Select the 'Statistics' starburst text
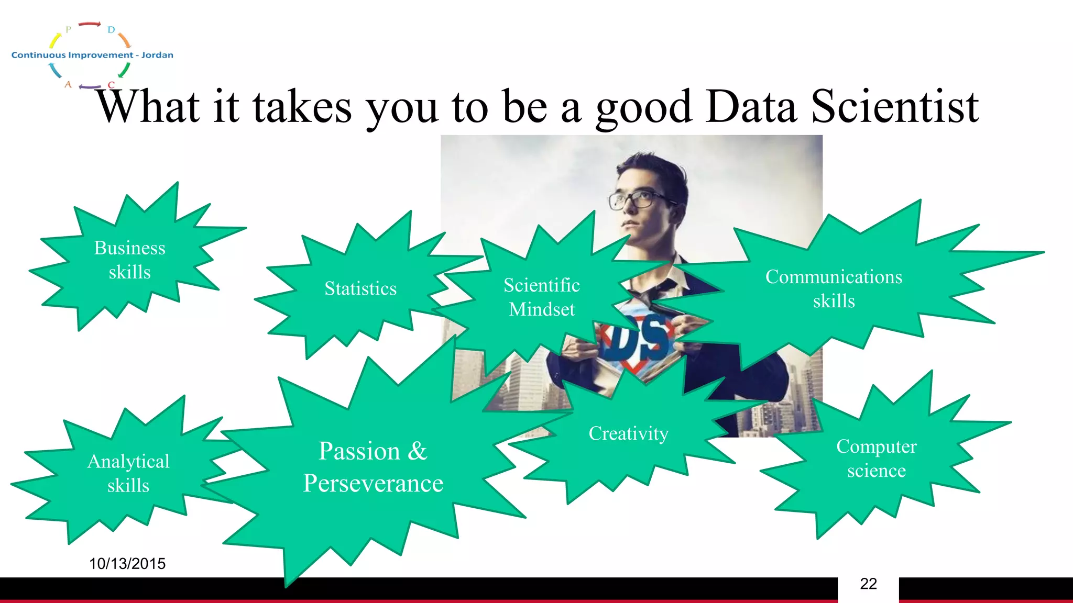(x=360, y=288)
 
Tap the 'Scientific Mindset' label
(x=542, y=297)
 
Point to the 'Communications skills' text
(x=834, y=288)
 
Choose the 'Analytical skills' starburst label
(x=128, y=473)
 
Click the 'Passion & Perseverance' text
(x=373, y=467)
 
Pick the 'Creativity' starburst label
(x=628, y=433)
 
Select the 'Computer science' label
(x=876, y=458)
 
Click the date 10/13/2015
(x=127, y=564)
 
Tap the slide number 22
(x=868, y=584)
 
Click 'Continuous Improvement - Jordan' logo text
(x=92, y=55)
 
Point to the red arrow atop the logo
(x=89, y=24)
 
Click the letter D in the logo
(x=111, y=30)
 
